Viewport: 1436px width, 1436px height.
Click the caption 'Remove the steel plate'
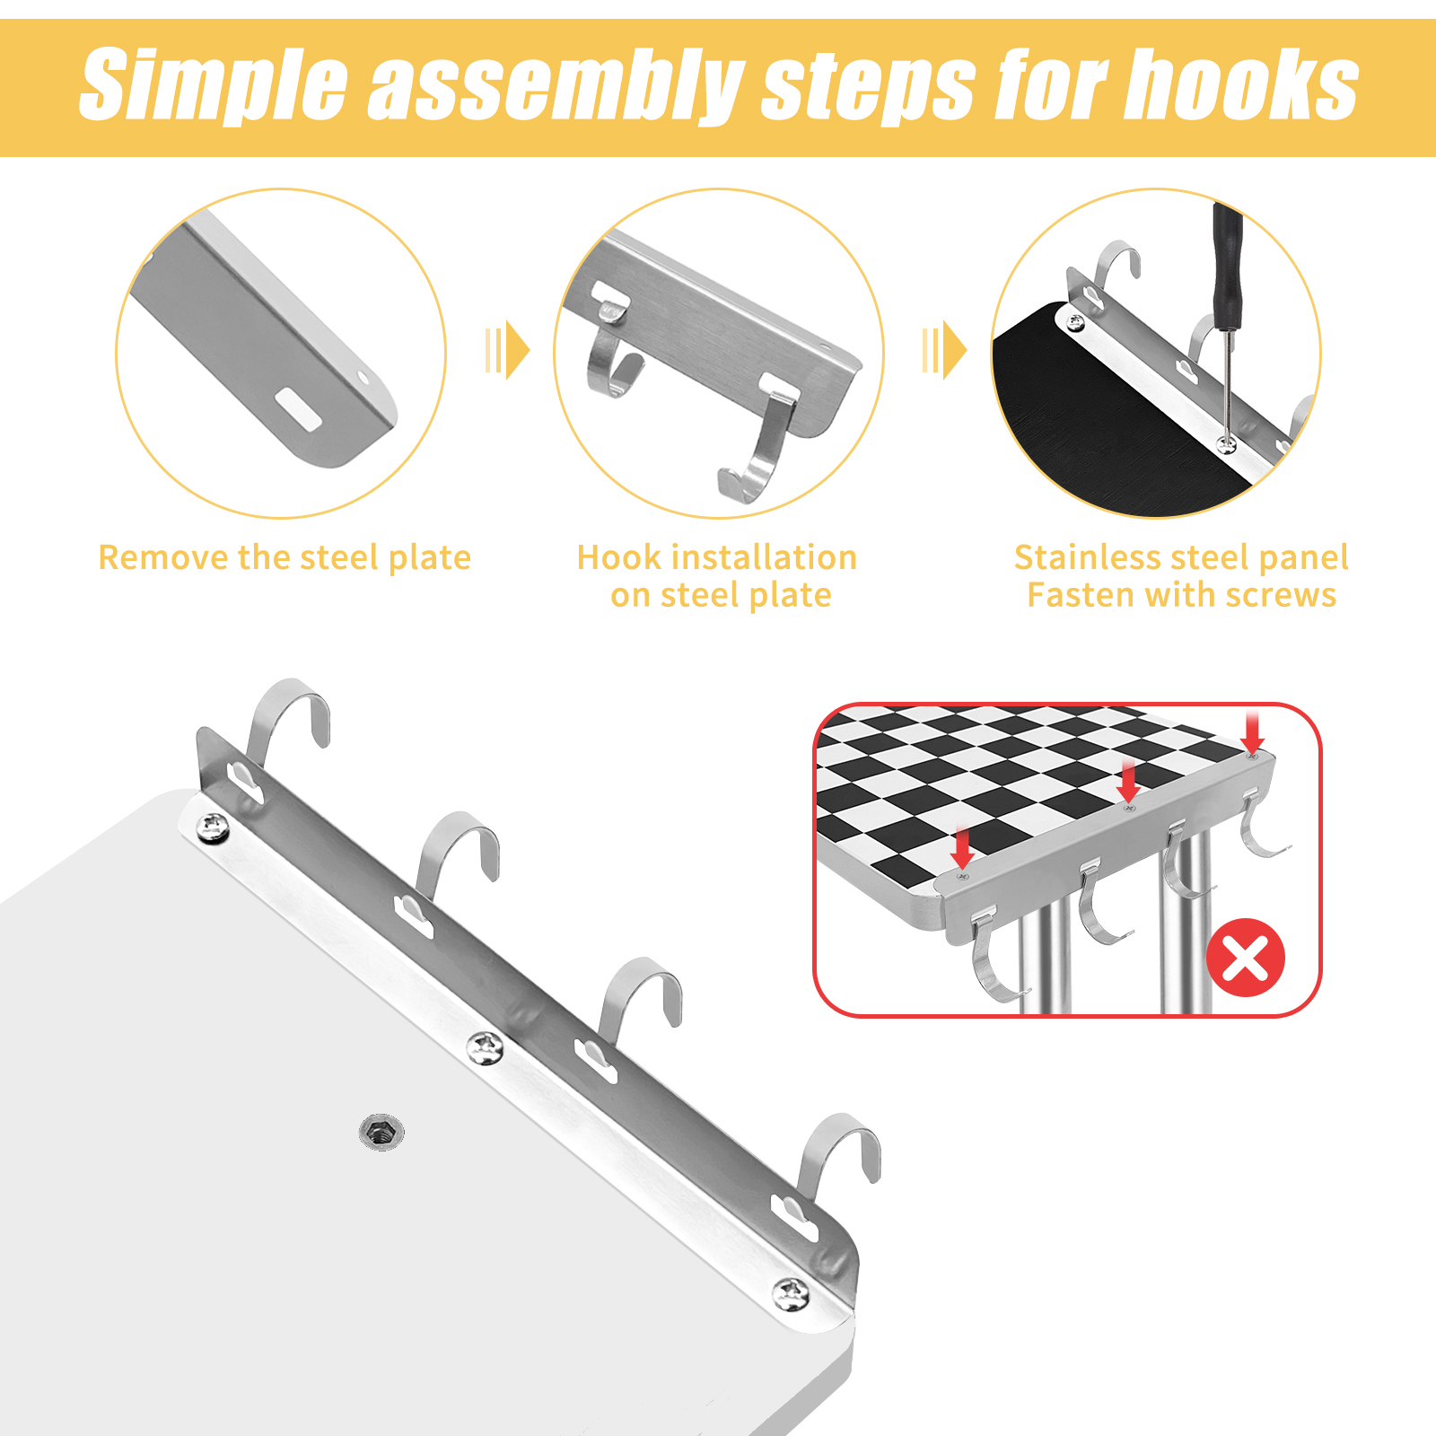[x=285, y=557]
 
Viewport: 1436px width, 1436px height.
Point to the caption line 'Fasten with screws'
[x=1181, y=595]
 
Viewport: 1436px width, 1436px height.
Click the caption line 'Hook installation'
[x=717, y=557]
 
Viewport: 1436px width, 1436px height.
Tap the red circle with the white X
[x=1246, y=958]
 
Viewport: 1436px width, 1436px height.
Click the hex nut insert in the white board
[x=381, y=1133]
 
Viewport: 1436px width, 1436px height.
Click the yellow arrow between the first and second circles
[x=508, y=350]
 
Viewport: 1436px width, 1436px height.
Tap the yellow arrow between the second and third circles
[x=945, y=350]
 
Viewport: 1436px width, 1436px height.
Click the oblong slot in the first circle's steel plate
[x=298, y=407]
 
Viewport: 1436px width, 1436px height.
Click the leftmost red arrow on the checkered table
[x=963, y=848]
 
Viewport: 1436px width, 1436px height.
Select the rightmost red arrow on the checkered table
[x=1254, y=731]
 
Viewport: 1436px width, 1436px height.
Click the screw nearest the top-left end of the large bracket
[x=213, y=827]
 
